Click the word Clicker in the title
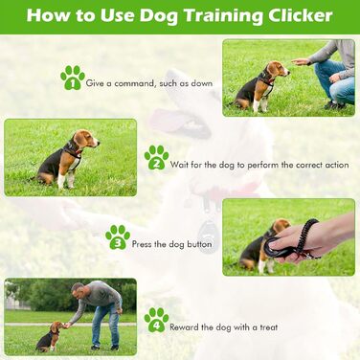point(300,15)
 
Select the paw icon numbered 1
point(73,78)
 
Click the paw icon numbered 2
point(156,158)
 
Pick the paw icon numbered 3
point(118,236)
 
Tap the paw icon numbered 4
point(156,320)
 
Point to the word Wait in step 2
point(178,165)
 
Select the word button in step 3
point(199,244)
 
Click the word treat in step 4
point(269,327)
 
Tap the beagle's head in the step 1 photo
point(277,70)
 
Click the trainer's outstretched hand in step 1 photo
point(301,61)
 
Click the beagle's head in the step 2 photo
point(86,139)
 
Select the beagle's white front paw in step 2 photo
point(61,182)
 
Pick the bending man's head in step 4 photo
point(78,289)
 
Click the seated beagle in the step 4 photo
point(51,336)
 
